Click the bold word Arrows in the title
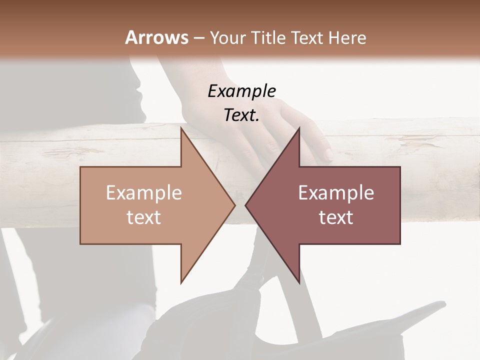coord(156,37)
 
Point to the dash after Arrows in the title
coord(198,38)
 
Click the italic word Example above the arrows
coord(241,91)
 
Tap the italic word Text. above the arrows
coord(241,115)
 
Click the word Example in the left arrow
coord(143,193)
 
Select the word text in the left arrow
coord(143,217)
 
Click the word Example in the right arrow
coord(336,193)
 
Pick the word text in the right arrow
coord(336,217)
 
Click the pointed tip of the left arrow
coord(235,205)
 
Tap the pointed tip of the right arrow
coord(245,205)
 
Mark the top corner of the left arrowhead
coord(181,128)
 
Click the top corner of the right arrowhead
coord(299,128)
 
